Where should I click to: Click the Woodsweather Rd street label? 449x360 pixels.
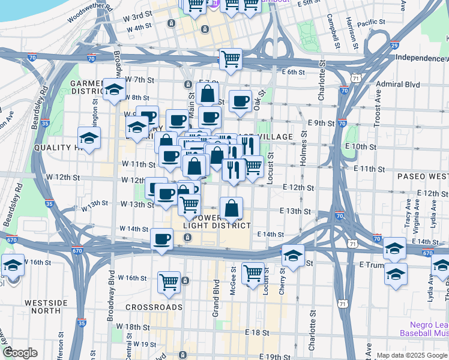(90, 13)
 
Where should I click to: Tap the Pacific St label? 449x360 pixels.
(370, 23)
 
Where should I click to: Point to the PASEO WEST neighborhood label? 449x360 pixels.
(423, 176)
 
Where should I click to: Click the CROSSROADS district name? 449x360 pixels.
(154, 307)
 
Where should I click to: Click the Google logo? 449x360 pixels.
(20, 353)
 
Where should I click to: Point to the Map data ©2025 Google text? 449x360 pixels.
(411, 355)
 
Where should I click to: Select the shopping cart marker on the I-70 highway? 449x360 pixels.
(231, 59)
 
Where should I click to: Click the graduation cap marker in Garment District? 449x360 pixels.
(113, 89)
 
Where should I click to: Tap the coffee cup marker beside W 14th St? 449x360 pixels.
(161, 239)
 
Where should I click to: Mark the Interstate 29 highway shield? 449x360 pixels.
(394, 45)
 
